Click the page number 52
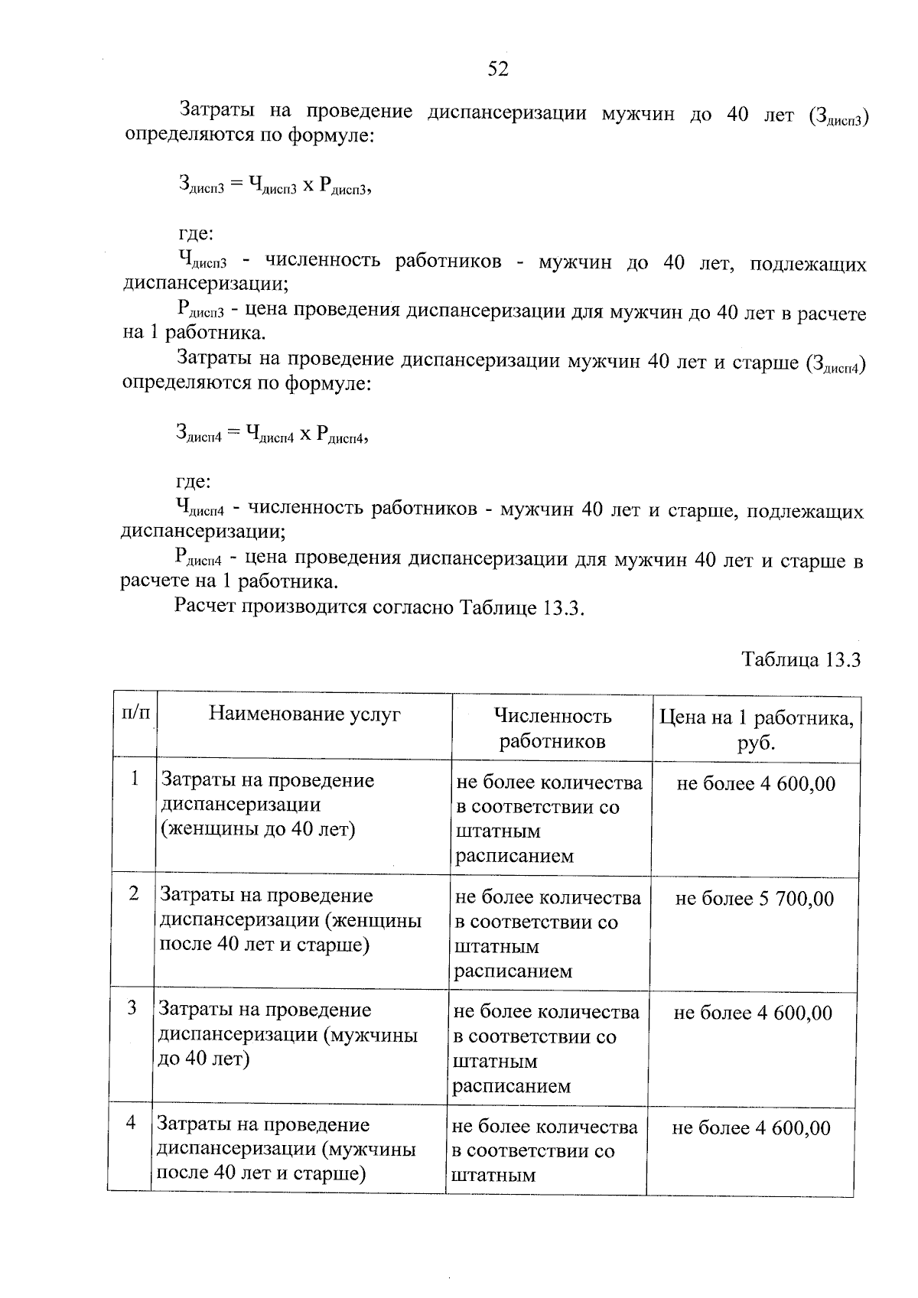coord(497,69)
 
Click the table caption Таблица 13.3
coord(800,659)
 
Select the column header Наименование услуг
coord(304,714)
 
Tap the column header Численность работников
coord(552,728)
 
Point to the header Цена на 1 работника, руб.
coord(756,730)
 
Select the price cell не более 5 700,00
coord(754,899)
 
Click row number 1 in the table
coord(135,779)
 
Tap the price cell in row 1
coord(756,783)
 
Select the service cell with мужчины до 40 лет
coord(287,1034)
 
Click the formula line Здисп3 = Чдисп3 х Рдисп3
coord(275,184)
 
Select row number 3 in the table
coord(132,1008)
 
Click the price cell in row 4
coord(750,1128)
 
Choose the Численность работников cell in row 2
coord(548,934)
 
